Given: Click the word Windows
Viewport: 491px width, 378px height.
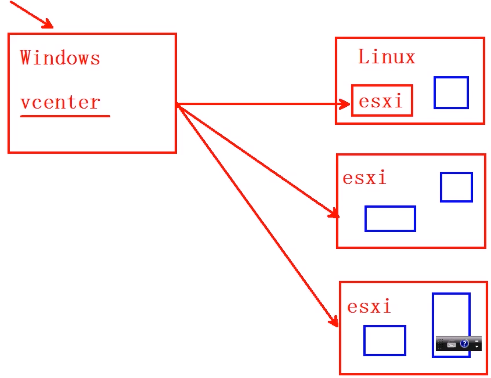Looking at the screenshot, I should pyautogui.click(x=60, y=58).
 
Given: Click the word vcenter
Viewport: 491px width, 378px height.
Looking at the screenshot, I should pyautogui.click(x=60, y=102).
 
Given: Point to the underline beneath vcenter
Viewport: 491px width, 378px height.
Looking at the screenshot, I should pyautogui.click(x=65, y=116).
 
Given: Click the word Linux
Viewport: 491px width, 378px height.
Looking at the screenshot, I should pyautogui.click(x=386, y=57).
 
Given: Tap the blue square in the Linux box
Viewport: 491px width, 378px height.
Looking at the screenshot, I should pyautogui.click(x=451, y=92).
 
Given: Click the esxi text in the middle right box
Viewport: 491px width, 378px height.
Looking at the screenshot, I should pyautogui.click(x=364, y=178).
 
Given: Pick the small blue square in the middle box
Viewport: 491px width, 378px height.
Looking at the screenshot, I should pyautogui.click(x=456, y=187).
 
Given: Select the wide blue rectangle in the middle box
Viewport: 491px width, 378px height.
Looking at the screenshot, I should pyautogui.click(x=390, y=218).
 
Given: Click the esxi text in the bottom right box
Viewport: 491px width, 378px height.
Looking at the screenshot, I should pyautogui.click(x=369, y=307).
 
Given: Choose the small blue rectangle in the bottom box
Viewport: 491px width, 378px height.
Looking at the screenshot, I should pyautogui.click(x=385, y=340).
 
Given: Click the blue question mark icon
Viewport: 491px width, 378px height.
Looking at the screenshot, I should pyautogui.click(x=464, y=343).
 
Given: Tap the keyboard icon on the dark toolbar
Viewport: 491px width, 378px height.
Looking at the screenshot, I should pyautogui.click(x=451, y=344).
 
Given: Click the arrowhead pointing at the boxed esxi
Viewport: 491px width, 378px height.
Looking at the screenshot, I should pyautogui.click(x=345, y=104).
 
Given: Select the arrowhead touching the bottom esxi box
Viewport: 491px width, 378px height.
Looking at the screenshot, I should pyautogui.click(x=334, y=322).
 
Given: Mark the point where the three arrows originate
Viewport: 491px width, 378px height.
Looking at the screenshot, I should pyautogui.click(x=177, y=105).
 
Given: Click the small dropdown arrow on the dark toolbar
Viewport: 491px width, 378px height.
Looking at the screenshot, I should pyautogui.click(x=477, y=346).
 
